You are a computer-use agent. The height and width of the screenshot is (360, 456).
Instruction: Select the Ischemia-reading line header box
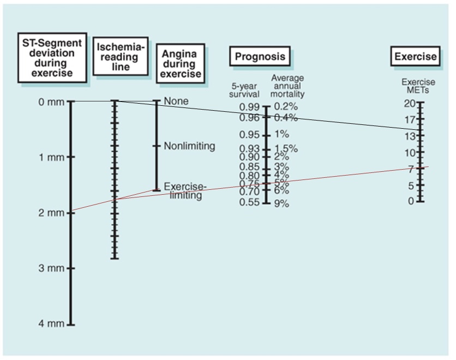[121, 56]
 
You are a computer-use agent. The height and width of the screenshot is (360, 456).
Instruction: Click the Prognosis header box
[260, 57]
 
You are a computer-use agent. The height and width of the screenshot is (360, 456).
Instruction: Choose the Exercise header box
[416, 56]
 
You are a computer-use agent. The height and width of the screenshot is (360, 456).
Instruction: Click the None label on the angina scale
[176, 101]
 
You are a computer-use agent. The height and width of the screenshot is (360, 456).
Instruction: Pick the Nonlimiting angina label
[189, 146]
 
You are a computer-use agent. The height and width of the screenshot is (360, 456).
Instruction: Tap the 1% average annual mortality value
[281, 134]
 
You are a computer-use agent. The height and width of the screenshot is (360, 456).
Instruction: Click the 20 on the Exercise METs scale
[410, 104]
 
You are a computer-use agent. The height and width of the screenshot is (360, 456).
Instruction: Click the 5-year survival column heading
[244, 90]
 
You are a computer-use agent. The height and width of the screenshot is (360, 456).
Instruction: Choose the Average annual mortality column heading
[287, 86]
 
